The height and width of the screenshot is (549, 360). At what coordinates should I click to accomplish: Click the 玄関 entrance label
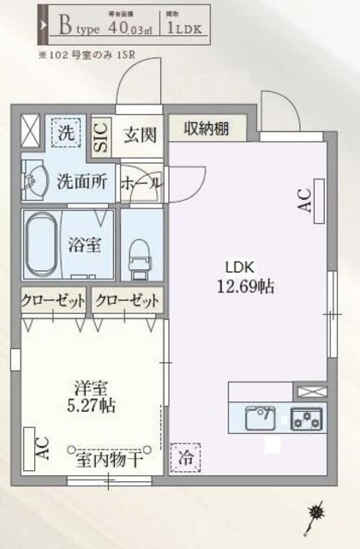coord(139,135)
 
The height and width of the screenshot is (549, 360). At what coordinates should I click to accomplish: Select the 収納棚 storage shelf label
coord(207,129)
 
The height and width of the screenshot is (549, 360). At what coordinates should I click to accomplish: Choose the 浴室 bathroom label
coord(85,244)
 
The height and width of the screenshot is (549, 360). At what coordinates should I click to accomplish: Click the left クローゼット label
coord(54,302)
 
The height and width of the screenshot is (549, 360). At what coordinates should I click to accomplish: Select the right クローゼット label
coord(127,302)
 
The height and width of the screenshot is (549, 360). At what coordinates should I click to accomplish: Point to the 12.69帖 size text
coord(248,287)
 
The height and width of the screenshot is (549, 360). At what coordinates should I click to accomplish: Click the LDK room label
coord(240,265)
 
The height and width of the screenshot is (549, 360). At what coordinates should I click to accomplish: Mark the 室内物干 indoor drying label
coord(108,458)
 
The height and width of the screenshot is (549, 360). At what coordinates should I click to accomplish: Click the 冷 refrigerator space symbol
coord(185,458)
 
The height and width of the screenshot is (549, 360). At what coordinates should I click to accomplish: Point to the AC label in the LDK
coord(303,202)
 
